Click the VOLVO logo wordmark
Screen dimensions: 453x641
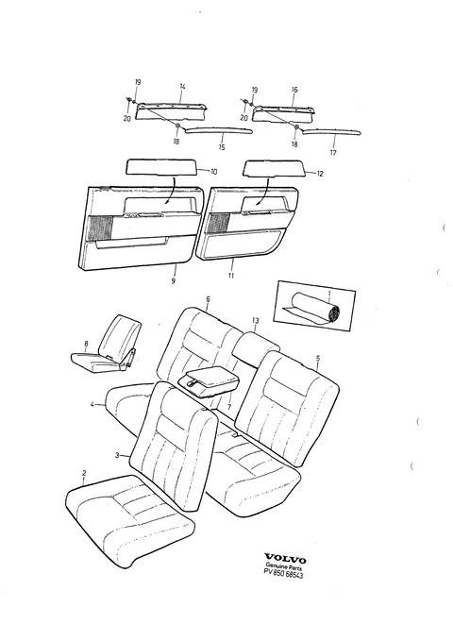click(285, 559)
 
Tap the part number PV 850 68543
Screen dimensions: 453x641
click(283, 575)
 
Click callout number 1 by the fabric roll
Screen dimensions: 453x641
click(328, 293)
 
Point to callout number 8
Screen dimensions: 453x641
click(86, 344)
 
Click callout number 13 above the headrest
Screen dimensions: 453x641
click(256, 321)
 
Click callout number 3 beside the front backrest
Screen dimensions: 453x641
click(117, 455)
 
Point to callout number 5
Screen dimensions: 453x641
click(318, 359)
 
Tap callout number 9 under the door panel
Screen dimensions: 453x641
click(174, 281)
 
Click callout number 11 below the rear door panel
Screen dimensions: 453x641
click(231, 276)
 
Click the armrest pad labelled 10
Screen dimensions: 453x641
click(162, 167)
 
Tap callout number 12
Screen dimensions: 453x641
click(320, 174)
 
